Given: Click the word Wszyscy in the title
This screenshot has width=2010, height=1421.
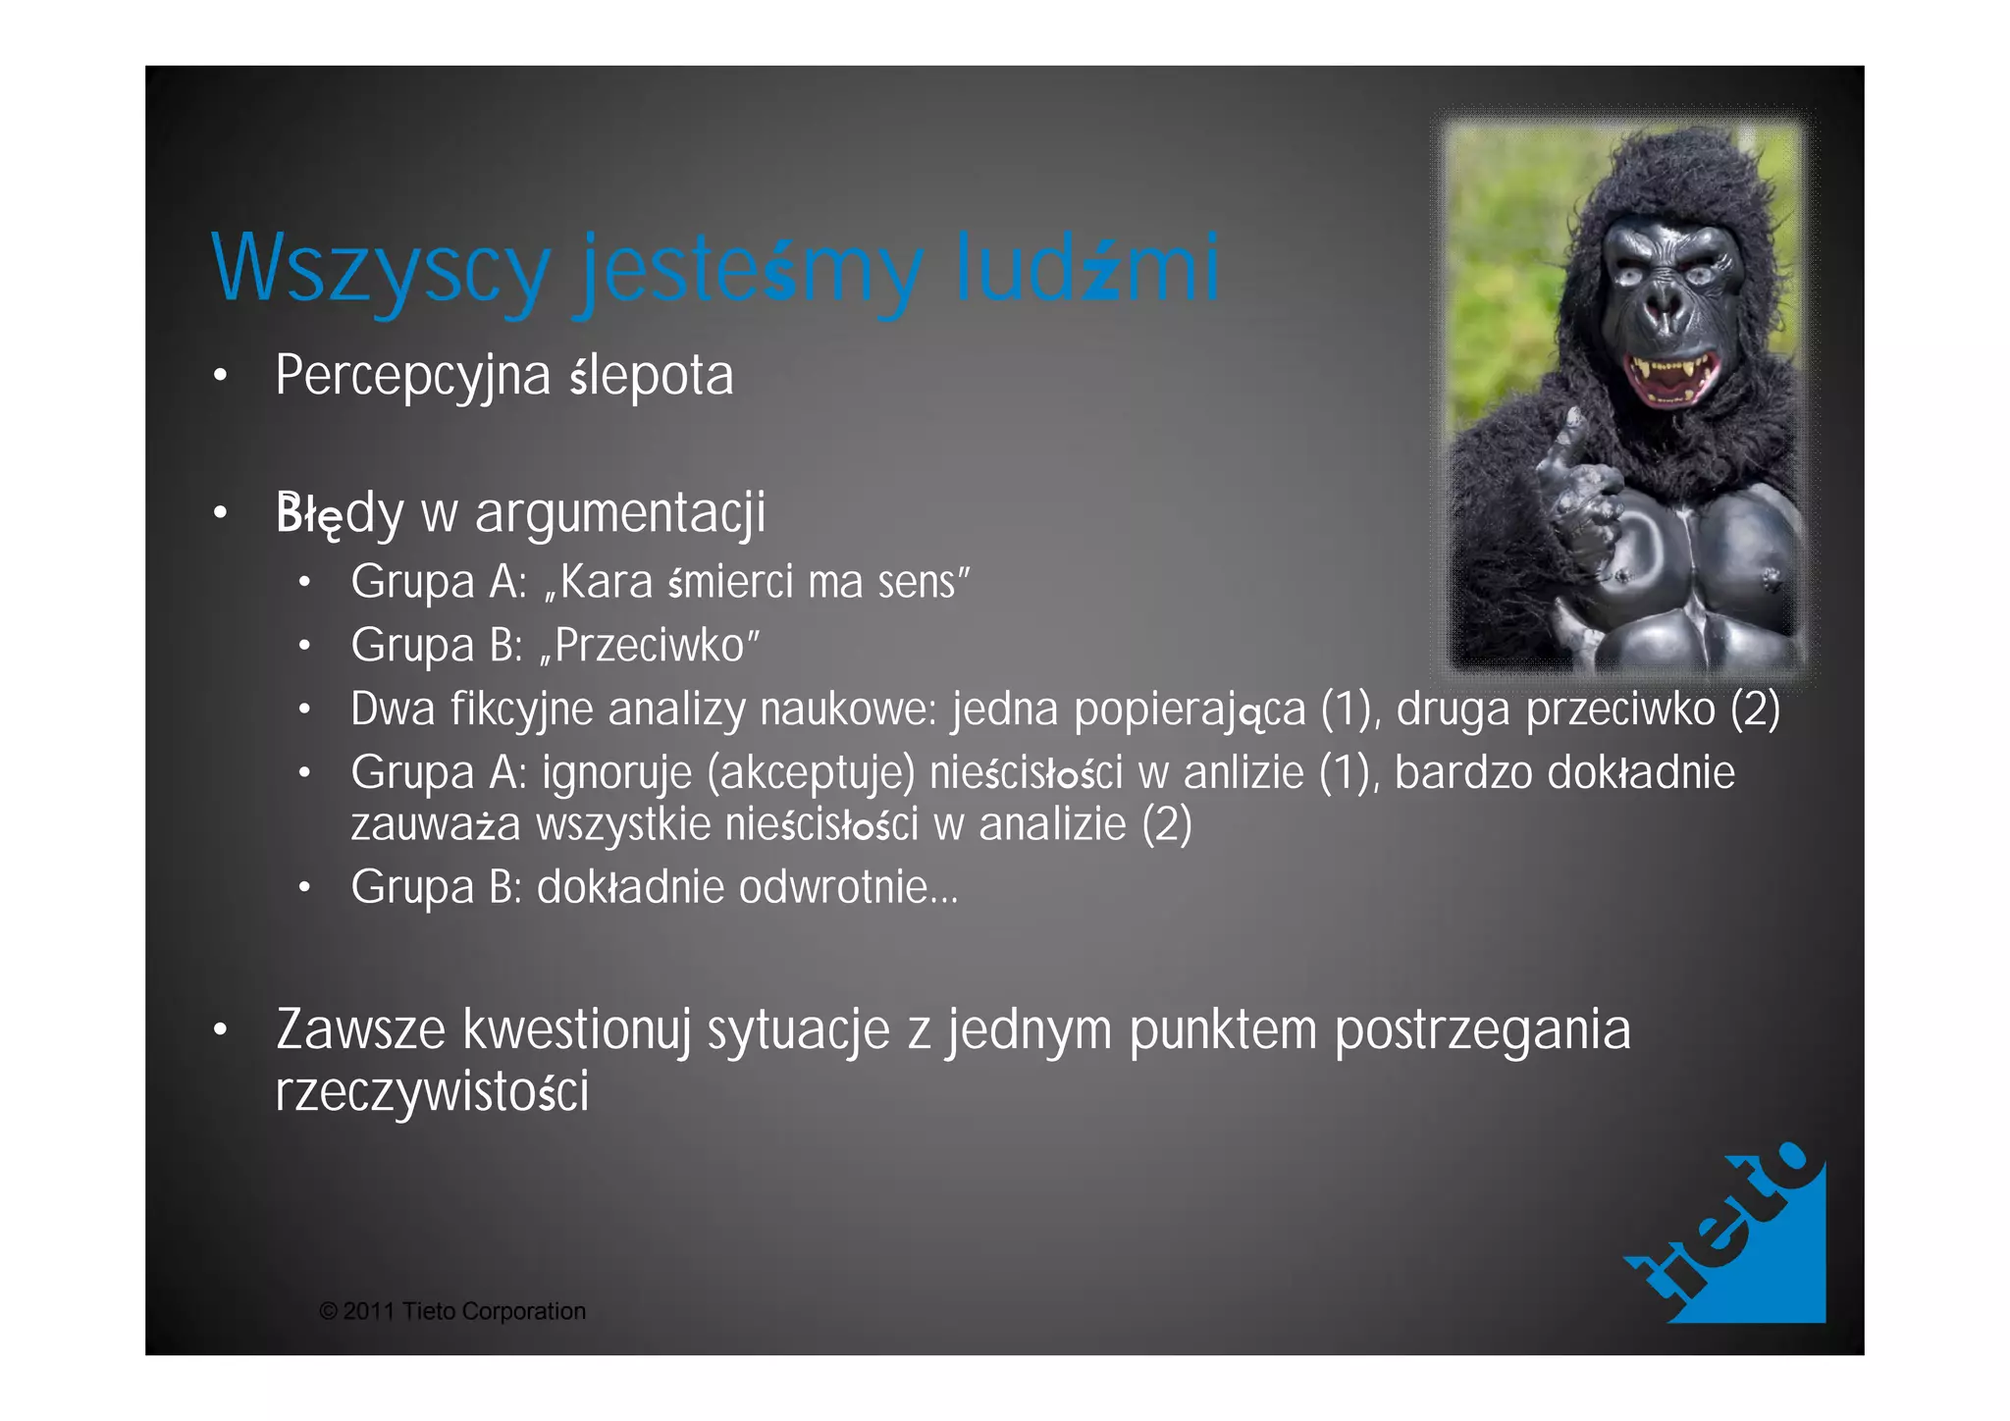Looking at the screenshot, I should tap(380, 268).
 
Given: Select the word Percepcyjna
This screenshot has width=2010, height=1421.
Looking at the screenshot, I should tap(412, 376).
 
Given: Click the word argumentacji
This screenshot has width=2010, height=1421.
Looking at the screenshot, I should tap(619, 513).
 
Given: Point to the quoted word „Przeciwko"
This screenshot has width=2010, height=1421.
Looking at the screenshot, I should tap(650, 646).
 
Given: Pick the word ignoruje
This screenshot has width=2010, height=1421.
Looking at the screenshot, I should tap(616, 773).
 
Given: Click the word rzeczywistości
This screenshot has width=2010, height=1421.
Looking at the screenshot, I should tap(432, 1091).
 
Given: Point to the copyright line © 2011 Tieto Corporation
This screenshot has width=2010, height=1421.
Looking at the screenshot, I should tap(452, 1311).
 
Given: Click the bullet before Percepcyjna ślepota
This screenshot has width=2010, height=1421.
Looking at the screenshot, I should tap(221, 376).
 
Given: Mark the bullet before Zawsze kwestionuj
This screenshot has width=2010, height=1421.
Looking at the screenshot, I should tap(221, 1029).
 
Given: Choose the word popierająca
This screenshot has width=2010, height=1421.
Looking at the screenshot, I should tap(1190, 710).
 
